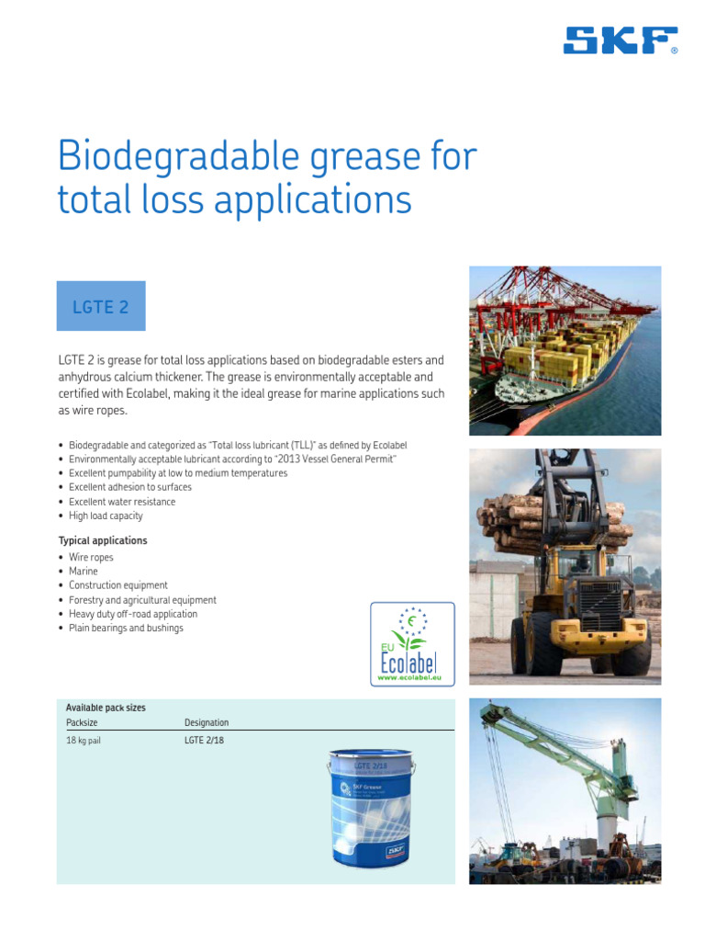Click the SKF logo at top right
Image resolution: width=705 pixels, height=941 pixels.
pos(621,40)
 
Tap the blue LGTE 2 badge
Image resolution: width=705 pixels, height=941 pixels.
pos(101,306)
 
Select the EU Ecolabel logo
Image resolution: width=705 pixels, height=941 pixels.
pos(412,643)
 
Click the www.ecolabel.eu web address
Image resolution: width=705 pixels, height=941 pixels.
pos(412,676)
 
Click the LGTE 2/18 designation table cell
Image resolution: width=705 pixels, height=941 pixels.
pos(204,741)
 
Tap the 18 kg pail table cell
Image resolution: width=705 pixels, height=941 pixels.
pos(84,741)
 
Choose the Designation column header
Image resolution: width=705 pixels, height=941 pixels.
pos(207,722)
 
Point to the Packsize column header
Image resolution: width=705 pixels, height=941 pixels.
pos(83,722)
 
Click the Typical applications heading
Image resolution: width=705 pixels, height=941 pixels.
pos(103,540)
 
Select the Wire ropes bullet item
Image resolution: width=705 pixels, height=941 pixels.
pos(91,557)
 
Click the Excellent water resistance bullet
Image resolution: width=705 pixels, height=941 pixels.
pos(122,502)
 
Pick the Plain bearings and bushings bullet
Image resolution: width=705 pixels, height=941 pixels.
pos(126,628)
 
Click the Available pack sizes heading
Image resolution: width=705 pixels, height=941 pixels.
pos(106,708)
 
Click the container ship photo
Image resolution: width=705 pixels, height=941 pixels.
pos(565,350)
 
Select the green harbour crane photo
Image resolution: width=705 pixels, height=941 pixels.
pos(565,790)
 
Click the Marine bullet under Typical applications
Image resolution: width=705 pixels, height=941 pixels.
pos(84,571)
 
